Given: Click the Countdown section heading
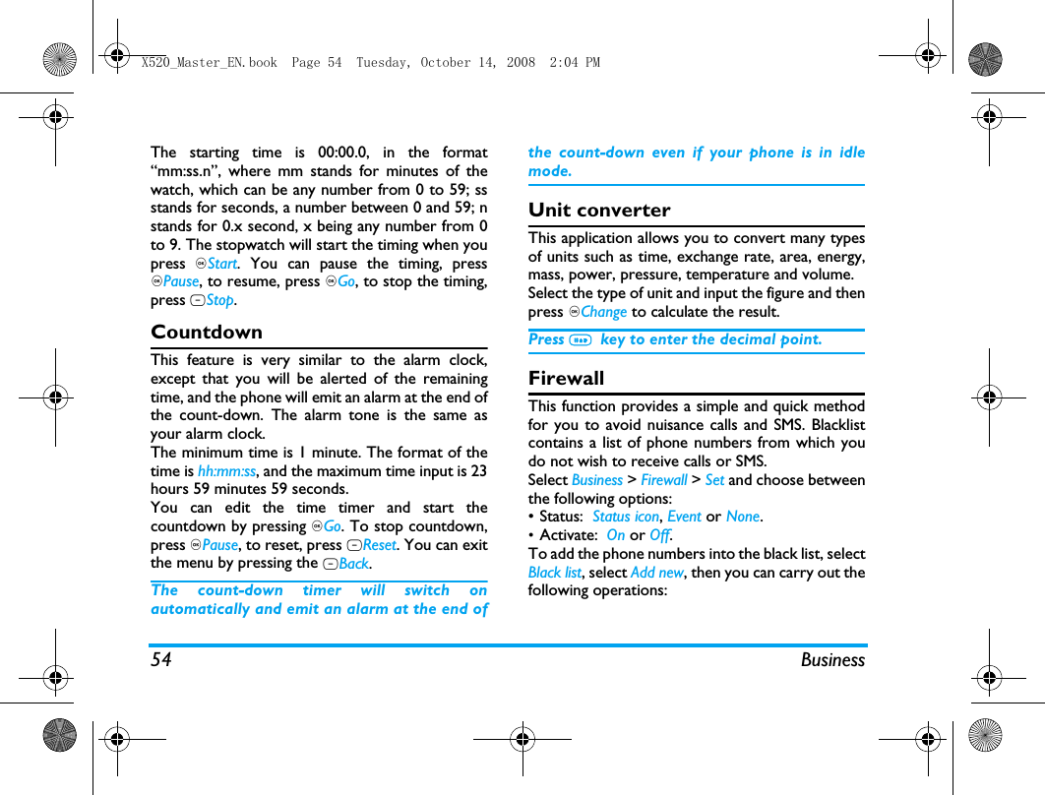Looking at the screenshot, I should click(x=207, y=333).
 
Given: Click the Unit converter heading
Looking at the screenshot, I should click(x=599, y=211).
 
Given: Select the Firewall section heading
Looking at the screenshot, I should click(x=566, y=379).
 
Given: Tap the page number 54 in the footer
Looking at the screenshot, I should click(x=160, y=660).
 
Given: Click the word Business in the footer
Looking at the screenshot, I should click(x=832, y=660).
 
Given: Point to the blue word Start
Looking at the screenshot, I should click(x=222, y=264).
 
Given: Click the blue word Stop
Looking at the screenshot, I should click(x=219, y=301).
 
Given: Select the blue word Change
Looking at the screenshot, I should click(x=603, y=312).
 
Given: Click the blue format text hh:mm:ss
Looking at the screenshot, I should click(x=226, y=471).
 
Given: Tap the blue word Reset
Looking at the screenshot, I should click(x=379, y=545).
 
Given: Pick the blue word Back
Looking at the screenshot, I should click(x=353, y=564).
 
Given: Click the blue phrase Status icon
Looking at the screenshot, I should click(x=625, y=517).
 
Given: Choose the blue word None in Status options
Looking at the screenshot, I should click(x=743, y=517).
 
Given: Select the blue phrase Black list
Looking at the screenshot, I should click(x=555, y=573).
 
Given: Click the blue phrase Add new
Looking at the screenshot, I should click(x=656, y=573).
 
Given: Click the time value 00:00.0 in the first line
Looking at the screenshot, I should click(x=343, y=153).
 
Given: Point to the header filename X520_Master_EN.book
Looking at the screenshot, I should click(x=209, y=63).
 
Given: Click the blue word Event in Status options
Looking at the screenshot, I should click(x=684, y=517).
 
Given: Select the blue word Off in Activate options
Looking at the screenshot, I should click(x=659, y=535).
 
